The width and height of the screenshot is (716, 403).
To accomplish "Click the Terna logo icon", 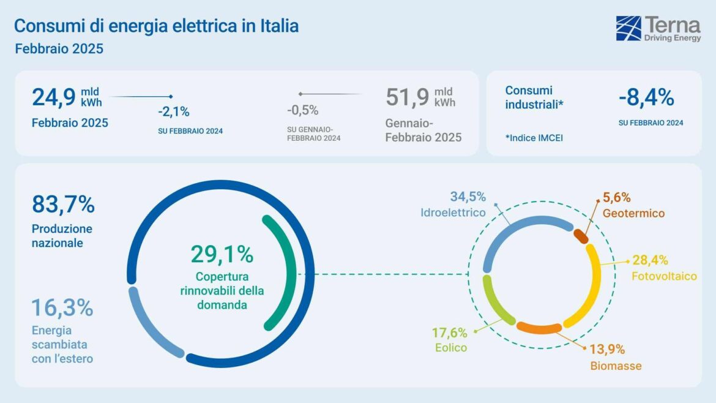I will point(628,29).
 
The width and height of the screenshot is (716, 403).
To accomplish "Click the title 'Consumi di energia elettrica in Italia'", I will point(156,26).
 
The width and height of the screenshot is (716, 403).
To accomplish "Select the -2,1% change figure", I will point(174,111).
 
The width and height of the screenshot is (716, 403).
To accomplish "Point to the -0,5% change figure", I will point(303,110).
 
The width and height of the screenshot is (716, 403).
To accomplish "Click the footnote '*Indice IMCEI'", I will point(534,138).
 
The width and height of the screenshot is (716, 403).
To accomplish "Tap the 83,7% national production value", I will point(63,205).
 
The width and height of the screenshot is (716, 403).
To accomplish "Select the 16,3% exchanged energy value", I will point(62,307).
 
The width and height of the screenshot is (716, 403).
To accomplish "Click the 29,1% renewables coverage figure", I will point(222,254).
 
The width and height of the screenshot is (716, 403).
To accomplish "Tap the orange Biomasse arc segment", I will point(539,328).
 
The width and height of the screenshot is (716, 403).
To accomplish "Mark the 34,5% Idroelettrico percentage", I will point(468,197).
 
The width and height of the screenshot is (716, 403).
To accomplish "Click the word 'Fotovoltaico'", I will point(664,276).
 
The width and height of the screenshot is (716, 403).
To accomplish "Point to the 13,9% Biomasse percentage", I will point(607,350).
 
